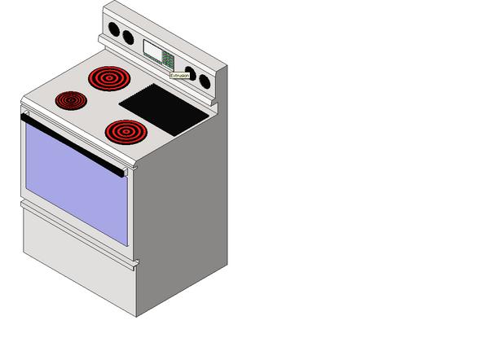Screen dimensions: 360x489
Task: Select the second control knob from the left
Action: [x=128, y=37]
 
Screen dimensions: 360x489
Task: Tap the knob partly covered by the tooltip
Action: [x=190, y=72]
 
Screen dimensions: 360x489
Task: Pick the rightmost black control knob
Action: [x=204, y=81]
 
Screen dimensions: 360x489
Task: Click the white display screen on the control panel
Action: [x=152, y=50]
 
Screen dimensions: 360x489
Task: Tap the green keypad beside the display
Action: [x=167, y=59]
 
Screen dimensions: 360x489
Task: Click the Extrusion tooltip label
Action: [x=179, y=76]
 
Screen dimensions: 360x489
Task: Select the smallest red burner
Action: [x=71, y=100]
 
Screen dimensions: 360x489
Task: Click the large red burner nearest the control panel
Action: [x=108, y=78]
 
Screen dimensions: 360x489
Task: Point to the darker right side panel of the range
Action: [x=183, y=220]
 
